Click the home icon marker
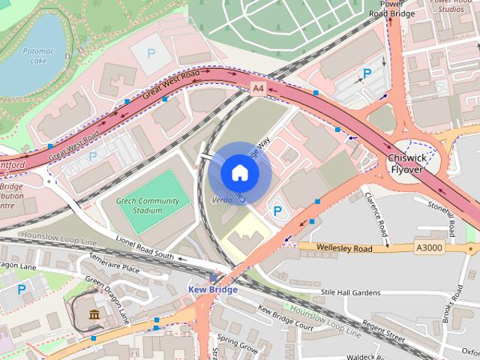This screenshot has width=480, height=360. point(239,172)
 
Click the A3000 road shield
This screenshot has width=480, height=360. point(429,247)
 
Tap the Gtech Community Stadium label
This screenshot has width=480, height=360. point(148,205)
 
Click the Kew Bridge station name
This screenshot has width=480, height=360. point(212,289)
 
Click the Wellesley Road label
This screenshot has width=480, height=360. point(345,248)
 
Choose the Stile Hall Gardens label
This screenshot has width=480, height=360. point(350,292)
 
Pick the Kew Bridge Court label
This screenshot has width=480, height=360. point(285,318)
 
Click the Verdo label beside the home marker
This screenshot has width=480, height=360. point(223,199)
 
